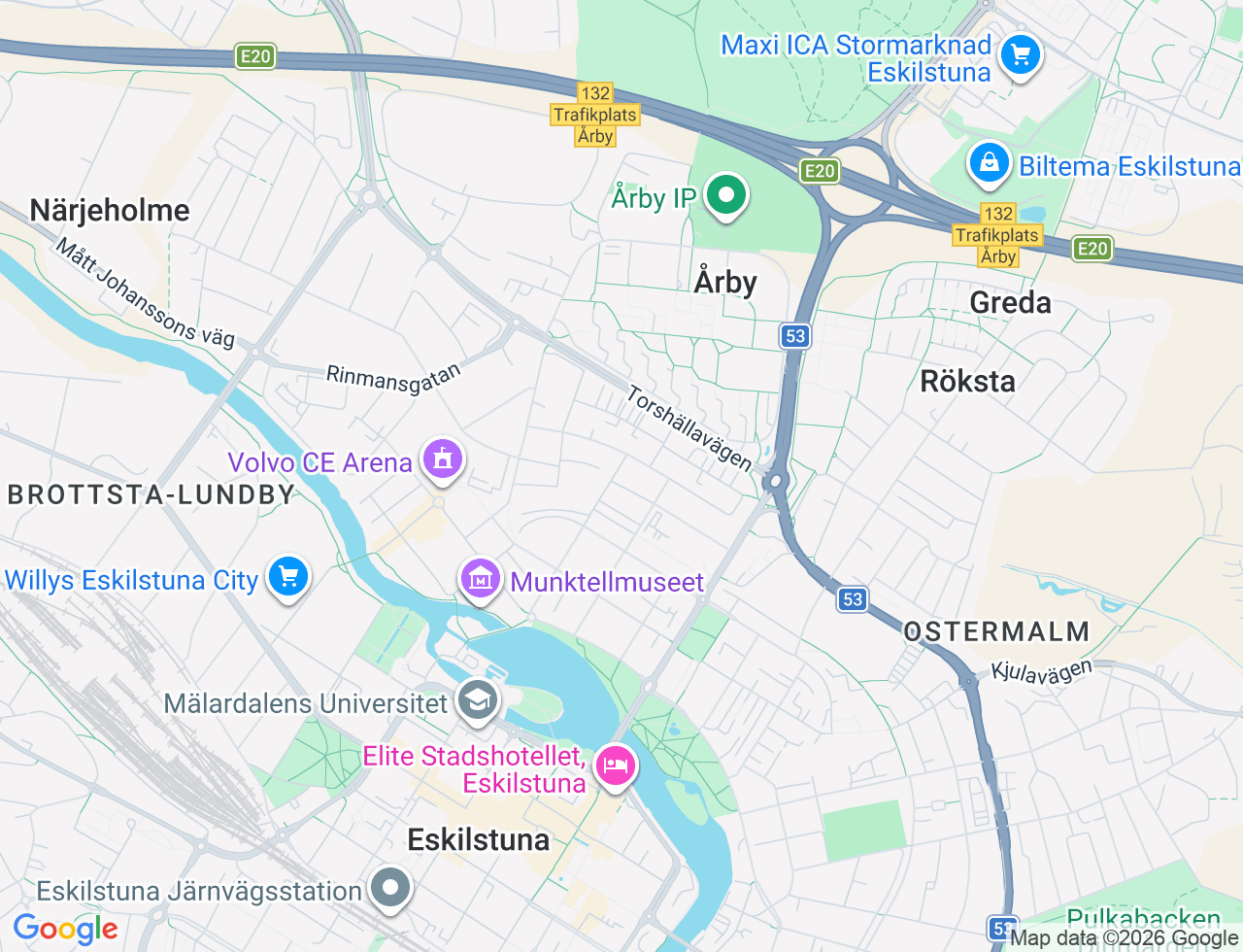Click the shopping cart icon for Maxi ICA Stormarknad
(x=1020, y=54)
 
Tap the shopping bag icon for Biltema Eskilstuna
(x=989, y=163)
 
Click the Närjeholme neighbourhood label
(x=110, y=210)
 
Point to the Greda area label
(x=1010, y=303)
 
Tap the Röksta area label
(x=967, y=381)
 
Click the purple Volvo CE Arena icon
(x=443, y=459)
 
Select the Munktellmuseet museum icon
(x=480, y=580)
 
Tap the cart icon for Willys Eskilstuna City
(x=287, y=576)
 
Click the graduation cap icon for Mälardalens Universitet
(x=477, y=699)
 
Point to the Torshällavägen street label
(x=689, y=428)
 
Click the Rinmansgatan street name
(x=393, y=378)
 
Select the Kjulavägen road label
(x=1041, y=671)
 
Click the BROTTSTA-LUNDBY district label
(x=151, y=494)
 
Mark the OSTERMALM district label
(x=996, y=631)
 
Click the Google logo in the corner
(x=65, y=930)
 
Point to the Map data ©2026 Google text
(x=1124, y=938)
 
